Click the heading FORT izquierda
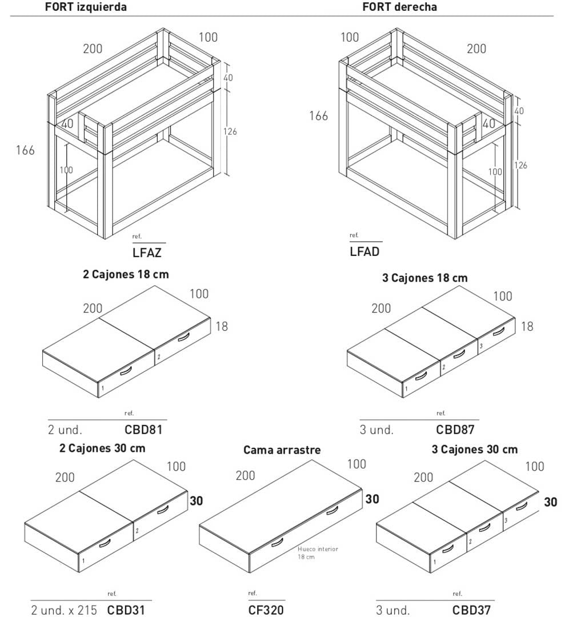click(86, 7)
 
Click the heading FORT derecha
click(400, 7)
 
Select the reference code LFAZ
click(147, 252)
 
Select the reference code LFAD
click(364, 251)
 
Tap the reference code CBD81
click(143, 429)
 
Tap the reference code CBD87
click(455, 429)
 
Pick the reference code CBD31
click(126, 610)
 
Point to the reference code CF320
click(266, 610)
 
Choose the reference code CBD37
click(471, 610)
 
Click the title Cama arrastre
click(282, 450)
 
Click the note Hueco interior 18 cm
click(317, 552)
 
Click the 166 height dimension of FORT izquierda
click(25, 150)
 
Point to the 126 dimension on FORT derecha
click(520, 165)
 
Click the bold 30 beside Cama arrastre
click(372, 499)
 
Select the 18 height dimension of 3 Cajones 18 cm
click(527, 326)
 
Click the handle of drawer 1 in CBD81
click(125, 372)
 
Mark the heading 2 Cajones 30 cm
click(102, 448)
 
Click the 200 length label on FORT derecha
click(476, 49)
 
